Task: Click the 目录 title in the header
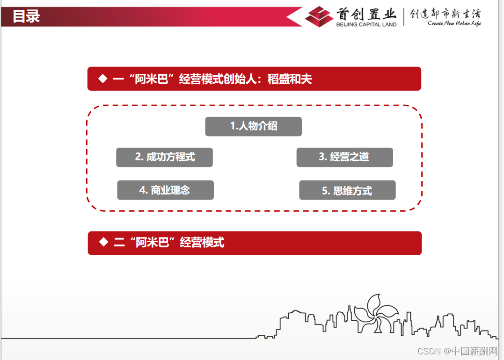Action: [26, 16]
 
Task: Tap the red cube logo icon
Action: [319, 17]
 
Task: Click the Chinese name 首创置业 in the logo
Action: [366, 14]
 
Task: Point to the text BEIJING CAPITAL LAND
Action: [366, 24]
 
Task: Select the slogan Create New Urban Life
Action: [454, 23]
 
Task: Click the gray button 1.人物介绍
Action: [253, 126]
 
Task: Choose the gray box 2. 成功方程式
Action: [164, 157]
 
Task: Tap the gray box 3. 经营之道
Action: [344, 157]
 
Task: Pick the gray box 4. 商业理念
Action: [165, 190]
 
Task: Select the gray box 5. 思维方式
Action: [347, 190]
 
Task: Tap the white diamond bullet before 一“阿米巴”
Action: [102, 79]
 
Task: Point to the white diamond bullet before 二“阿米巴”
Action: [103, 242]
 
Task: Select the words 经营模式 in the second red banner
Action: [202, 242]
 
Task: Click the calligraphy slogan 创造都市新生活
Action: [445, 14]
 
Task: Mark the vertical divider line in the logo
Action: [404, 17]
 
